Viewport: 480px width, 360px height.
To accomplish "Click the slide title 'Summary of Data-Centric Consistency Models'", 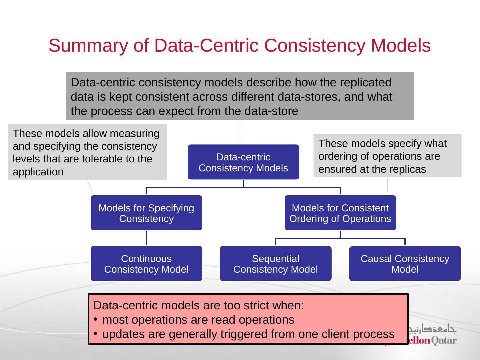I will (239, 46).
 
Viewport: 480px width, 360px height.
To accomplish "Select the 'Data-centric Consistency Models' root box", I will (243, 162).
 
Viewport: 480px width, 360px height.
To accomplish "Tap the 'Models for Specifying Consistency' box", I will (146, 213).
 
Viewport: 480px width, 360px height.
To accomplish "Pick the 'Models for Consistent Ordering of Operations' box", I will (340, 213).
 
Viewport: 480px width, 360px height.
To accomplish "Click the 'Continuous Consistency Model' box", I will (146, 264).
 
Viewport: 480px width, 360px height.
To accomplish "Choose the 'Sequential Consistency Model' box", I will (275, 264).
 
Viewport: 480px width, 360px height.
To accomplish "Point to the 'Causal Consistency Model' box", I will (405, 264).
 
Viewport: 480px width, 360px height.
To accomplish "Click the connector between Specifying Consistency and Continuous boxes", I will (146, 238).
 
